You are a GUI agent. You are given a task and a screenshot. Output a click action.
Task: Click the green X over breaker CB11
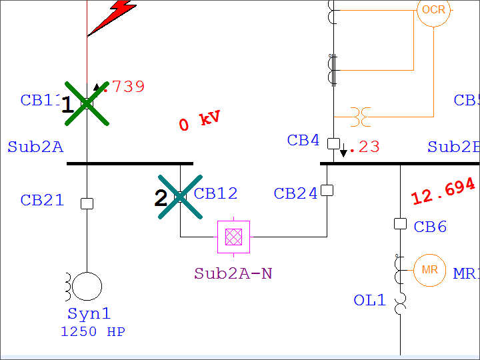click(x=87, y=103)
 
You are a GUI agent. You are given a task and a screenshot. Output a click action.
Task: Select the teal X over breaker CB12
click(x=180, y=197)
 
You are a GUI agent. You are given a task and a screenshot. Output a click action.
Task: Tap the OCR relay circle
click(x=434, y=11)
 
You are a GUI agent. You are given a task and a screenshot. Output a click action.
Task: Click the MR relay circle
click(x=429, y=270)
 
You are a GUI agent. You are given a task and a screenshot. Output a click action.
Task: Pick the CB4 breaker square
click(x=333, y=143)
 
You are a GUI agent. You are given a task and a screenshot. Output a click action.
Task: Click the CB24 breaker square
click(x=327, y=191)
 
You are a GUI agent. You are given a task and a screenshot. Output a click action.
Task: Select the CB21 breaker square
click(x=87, y=203)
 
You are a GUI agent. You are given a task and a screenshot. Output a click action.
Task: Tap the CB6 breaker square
click(x=400, y=224)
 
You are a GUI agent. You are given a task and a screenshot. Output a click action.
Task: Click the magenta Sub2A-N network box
click(x=234, y=237)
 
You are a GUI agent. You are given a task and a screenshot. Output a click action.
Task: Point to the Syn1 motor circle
click(x=87, y=287)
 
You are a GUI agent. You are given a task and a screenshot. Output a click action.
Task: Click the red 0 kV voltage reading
click(x=199, y=121)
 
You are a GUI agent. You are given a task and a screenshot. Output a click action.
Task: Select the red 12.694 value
click(x=443, y=191)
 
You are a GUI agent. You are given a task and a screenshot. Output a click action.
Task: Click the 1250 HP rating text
click(x=93, y=331)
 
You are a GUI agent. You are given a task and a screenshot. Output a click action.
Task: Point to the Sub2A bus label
click(x=35, y=147)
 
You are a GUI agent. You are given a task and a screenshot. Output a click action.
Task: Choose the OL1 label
click(x=369, y=301)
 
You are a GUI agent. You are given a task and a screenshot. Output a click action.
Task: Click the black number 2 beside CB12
click(x=161, y=199)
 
